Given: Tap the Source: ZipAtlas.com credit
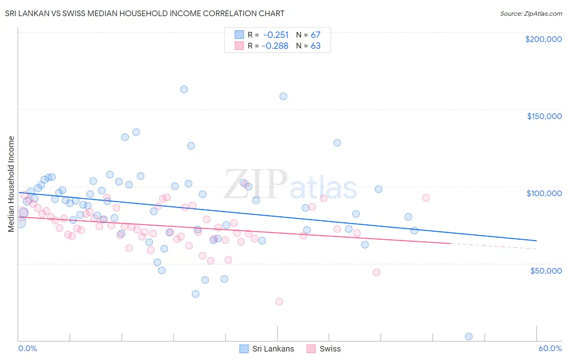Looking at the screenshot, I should click(x=531, y=13).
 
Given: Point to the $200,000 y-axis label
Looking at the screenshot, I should click(x=543, y=39).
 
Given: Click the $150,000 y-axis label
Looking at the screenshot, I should click(x=544, y=116).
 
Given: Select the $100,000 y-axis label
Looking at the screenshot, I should click(x=544, y=193).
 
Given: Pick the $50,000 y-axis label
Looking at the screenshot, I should click(x=546, y=270).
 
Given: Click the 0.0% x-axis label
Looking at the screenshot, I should click(x=27, y=348).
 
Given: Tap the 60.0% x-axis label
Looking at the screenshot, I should click(x=550, y=348).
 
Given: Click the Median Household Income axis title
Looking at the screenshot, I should click(x=11, y=184).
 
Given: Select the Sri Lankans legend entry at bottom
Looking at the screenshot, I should click(x=267, y=349).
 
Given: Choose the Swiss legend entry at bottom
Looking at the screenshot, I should click(x=323, y=349).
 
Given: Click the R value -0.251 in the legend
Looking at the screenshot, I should click(x=276, y=35).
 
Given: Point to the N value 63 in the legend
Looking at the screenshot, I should click(x=315, y=46).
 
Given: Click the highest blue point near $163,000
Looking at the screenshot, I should click(x=184, y=89).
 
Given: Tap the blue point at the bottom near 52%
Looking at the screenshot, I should click(x=469, y=336).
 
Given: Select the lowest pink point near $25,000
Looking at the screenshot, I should click(x=279, y=301).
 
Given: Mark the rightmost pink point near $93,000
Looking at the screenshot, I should click(x=426, y=198).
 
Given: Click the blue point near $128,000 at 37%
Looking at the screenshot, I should click(x=337, y=142).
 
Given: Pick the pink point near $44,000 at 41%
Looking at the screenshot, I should click(x=376, y=272).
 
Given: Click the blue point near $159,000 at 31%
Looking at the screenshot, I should click(x=283, y=96).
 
